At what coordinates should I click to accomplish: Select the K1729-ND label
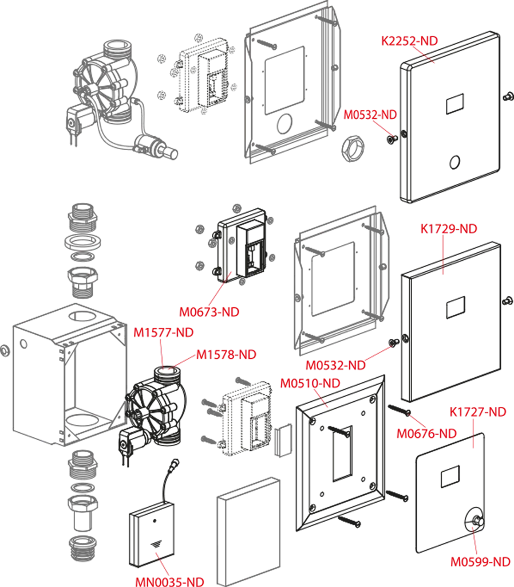[x=448, y=229]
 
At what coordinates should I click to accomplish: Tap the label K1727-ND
[x=478, y=412]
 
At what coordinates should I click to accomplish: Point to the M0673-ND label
[x=208, y=312]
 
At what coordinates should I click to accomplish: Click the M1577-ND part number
[x=163, y=332]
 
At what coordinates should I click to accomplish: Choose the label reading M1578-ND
[x=226, y=355]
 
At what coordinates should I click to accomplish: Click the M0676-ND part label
[x=426, y=434]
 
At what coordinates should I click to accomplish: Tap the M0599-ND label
[x=480, y=562]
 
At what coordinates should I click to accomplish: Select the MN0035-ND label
[x=169, y=581]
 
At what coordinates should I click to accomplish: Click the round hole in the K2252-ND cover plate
[x=455, y=162]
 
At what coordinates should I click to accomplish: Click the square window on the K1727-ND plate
[x=450, y=475]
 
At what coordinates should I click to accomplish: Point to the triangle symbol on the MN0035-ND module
[x=156, y=546]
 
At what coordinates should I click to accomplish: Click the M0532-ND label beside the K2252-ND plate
[x=370, y=115]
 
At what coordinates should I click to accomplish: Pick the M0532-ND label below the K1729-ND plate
[x=335, y=365]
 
